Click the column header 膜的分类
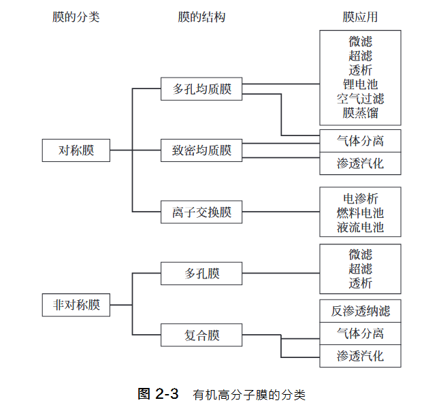76,17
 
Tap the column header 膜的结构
201,17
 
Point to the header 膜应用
360,17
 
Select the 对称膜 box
76,150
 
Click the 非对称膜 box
76,305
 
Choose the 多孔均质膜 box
201,89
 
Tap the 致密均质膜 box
201,150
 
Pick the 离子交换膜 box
201,212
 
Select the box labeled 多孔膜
201,274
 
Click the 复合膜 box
201,335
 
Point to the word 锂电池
360,84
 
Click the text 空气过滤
360,99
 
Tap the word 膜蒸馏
360,113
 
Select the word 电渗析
360,199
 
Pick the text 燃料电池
360,213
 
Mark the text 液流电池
360,227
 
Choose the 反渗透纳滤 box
360,311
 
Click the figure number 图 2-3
158,394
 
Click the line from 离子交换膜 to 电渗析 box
281,212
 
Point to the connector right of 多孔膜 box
281,273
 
